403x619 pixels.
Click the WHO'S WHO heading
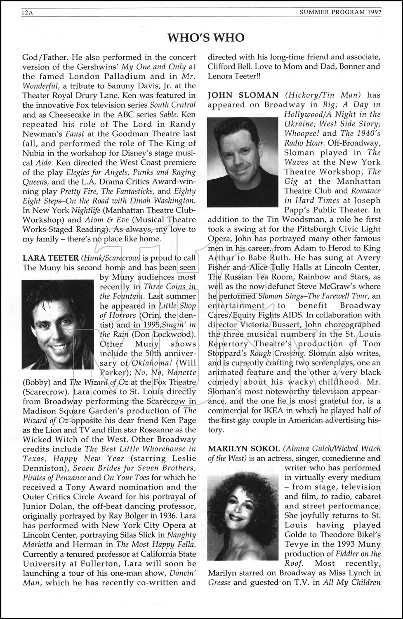[206, 38]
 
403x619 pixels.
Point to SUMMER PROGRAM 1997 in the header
[340, 13]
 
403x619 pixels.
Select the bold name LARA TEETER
[50, 258]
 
